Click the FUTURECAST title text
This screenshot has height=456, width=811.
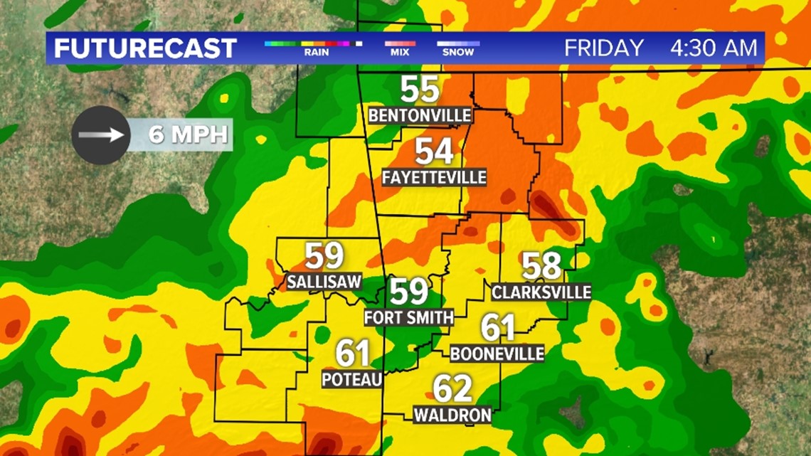pos(145,48)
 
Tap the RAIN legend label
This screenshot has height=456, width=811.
pos(316,52)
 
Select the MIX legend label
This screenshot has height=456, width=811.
pos(400,52)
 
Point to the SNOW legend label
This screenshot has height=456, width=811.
pos(458,52)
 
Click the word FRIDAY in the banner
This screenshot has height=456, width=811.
pos(604,48)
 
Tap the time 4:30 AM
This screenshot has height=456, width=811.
pos(714,48)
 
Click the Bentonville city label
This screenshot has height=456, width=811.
pos(420,115)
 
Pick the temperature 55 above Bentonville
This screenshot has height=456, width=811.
pos(420,90)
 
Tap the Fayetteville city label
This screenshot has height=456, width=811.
pos(434,177)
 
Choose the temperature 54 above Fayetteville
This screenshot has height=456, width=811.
pos(434,152)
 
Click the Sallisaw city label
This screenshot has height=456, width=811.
pos(324,281)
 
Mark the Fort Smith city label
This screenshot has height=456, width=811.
pos(408,317)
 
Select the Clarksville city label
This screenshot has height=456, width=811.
pos(541,292)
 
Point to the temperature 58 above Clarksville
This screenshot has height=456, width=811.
pos(541,266)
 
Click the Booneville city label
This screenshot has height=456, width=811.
pos(497,353)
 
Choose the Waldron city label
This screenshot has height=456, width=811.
pos(452,414)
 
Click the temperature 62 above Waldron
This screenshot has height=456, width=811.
pos(452,389)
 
